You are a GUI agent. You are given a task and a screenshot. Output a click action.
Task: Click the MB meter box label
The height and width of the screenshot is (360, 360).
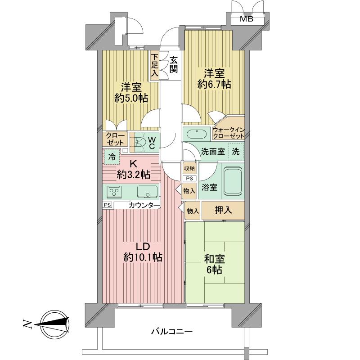(246, 19)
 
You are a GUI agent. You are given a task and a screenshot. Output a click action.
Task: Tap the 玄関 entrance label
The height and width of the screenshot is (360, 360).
(174, 64)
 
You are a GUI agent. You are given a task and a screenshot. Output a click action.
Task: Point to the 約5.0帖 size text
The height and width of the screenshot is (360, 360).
(130, 98)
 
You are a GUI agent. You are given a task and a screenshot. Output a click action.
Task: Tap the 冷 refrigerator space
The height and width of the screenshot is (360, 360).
(111, 157)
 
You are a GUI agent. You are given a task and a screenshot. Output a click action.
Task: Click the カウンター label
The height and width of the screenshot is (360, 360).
(144, 206)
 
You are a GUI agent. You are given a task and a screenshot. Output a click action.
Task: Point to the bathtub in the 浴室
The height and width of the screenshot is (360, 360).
(233, 181)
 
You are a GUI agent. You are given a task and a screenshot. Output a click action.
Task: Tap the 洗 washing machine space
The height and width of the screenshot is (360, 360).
(235, 152)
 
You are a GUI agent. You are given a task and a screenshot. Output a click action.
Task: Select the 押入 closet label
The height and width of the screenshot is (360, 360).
(223, 211)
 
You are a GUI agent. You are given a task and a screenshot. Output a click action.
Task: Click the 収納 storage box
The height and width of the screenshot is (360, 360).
(189, 168)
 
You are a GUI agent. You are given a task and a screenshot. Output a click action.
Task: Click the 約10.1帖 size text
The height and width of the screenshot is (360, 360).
(143, 258)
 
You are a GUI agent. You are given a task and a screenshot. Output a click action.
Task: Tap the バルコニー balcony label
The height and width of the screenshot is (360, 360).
(171, 332)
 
